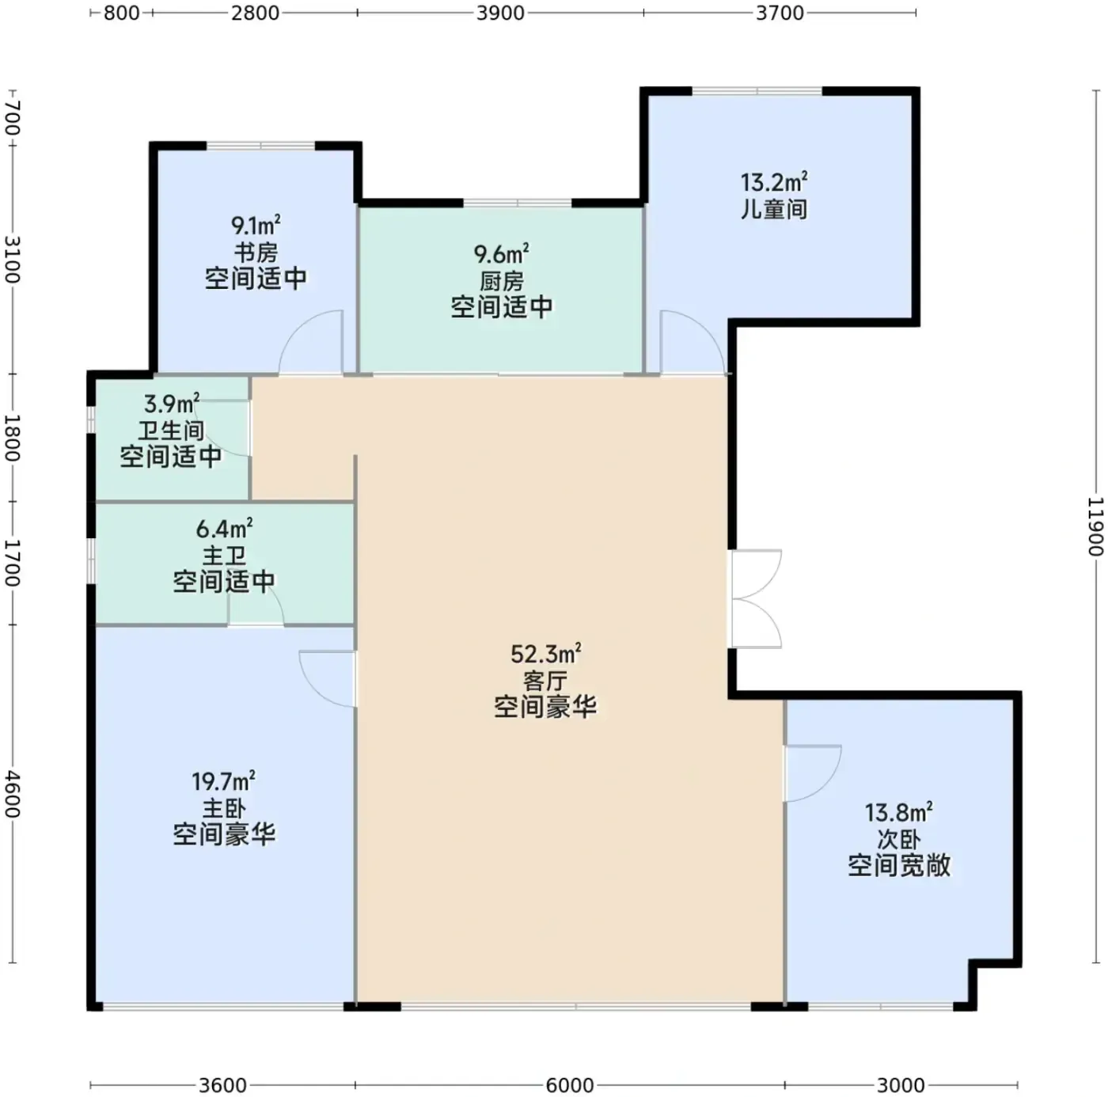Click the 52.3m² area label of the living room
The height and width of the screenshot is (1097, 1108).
point(545,654)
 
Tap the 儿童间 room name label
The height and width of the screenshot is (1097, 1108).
point(773,209)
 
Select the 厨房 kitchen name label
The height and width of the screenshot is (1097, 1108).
point(502,281)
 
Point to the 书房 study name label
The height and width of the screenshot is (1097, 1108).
point(256,252)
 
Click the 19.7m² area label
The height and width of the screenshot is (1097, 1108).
point(223,782)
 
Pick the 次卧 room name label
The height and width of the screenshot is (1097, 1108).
point(899,840)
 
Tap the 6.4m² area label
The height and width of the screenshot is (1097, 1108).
point(224,529)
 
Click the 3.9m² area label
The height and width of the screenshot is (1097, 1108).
point(172,404)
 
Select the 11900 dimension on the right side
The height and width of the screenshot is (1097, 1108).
point(1096,526)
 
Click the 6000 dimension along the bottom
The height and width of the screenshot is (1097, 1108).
point(569,1085)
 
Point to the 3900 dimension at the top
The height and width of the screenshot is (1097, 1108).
point(500,13)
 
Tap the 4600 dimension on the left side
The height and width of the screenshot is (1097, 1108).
point(13,794)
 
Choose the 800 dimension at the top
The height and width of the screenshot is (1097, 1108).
point(121,13)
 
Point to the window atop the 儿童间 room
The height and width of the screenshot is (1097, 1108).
point(757,91)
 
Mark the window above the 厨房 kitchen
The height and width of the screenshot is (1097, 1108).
point(518,203)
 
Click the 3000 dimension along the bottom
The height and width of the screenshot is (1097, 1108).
point(901,1085)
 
